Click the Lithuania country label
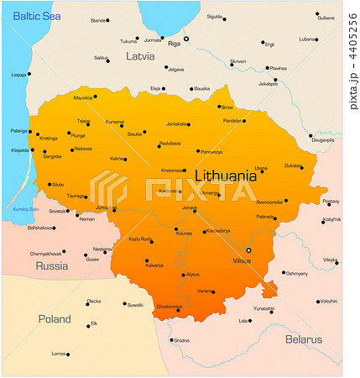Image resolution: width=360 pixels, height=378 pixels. (225, 176)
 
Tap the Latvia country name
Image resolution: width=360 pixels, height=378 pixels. (140, 56)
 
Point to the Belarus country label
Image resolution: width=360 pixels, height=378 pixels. (302, 339)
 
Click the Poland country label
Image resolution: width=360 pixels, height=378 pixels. (55, 318)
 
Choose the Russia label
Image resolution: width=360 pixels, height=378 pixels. (51, 266)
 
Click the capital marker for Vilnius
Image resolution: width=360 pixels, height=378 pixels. (248, 250)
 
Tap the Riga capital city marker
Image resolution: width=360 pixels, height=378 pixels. (187, 38)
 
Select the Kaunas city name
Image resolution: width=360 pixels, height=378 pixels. (184, 233)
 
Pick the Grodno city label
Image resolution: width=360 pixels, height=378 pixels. (181, 340)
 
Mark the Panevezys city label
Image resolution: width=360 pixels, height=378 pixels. (211, 151)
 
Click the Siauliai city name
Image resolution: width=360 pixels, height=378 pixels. (134, 134)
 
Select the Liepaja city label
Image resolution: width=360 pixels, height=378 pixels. (18, 74)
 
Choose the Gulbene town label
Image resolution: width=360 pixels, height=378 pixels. (326, 17)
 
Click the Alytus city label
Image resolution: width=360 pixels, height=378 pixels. (193, 275)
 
